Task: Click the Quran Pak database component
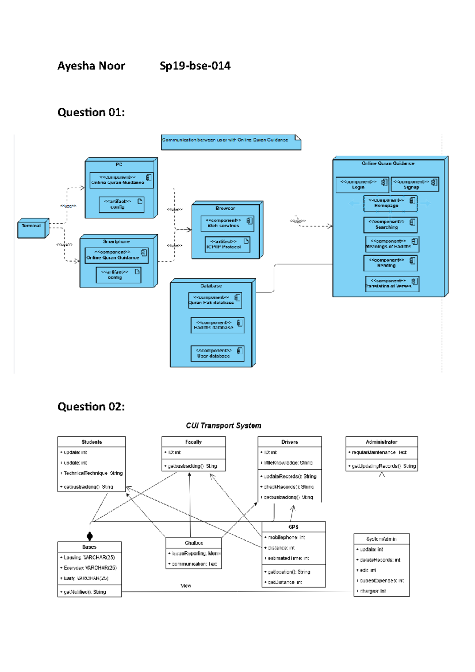[x=215, y=300]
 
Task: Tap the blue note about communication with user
[x=231, y=142]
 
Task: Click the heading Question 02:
[x=91, y=406]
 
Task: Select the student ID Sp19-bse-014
[x=195, y=66]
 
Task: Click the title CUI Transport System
[x=223, y=426]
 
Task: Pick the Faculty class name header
[x=193, y=442]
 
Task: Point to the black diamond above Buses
[x=90, y=536]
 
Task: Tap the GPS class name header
[x=293, y=527]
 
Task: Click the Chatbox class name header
[x=194, y=543]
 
